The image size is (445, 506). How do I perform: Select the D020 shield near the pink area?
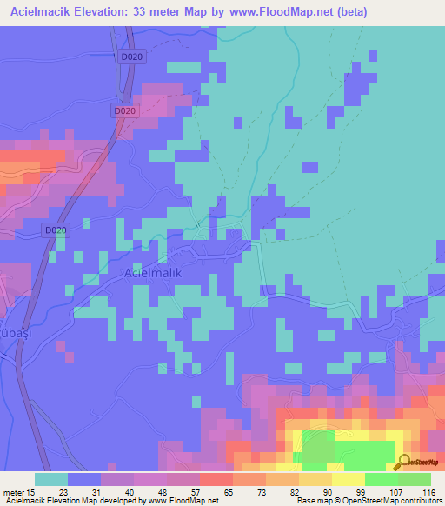click(125, 111)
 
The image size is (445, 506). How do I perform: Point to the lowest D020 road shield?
click(55, 230)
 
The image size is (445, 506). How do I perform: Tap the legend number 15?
click(33, 492)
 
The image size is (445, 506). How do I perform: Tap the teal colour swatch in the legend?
click(51, 479)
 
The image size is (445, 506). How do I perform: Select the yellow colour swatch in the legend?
click(348, 479)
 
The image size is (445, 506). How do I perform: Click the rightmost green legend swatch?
click(414, 479)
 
